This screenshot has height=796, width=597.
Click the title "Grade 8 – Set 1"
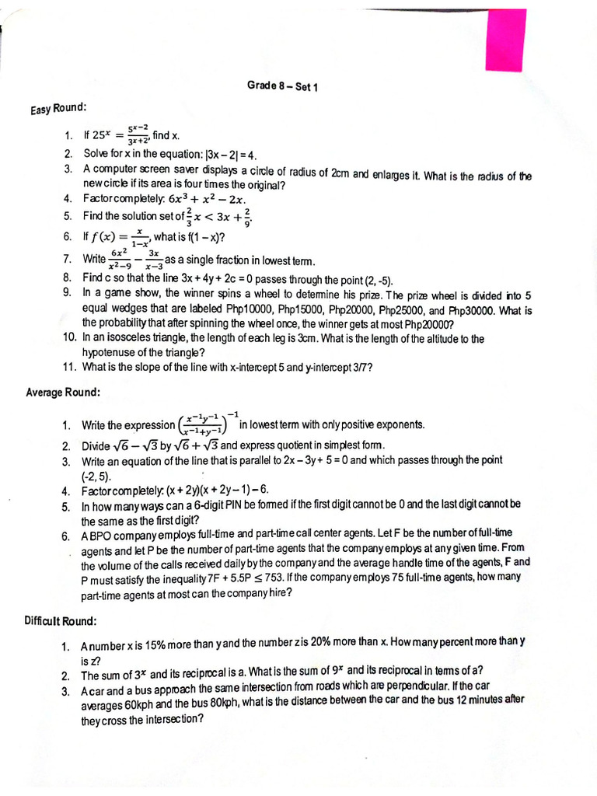[283, 86]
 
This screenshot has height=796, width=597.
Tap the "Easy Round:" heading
[58, 108]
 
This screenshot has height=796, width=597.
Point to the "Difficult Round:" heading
[61, 621]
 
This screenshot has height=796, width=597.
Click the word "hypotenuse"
[110, 352]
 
